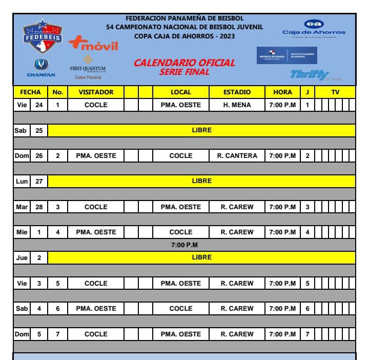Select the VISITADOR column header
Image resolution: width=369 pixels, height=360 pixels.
click(96, 92)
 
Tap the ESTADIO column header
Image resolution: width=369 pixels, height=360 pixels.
click(237, 92)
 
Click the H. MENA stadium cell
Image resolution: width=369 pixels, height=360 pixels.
click(237, 105)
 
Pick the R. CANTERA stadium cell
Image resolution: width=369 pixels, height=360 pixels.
click(237, 155)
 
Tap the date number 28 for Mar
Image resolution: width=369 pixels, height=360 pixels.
click(39, 206)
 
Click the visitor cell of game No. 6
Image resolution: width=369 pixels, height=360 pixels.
click(96, 308)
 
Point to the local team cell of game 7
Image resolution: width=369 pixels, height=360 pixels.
click(181, 333)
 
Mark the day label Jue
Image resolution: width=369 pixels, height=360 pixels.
click(22, 257)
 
